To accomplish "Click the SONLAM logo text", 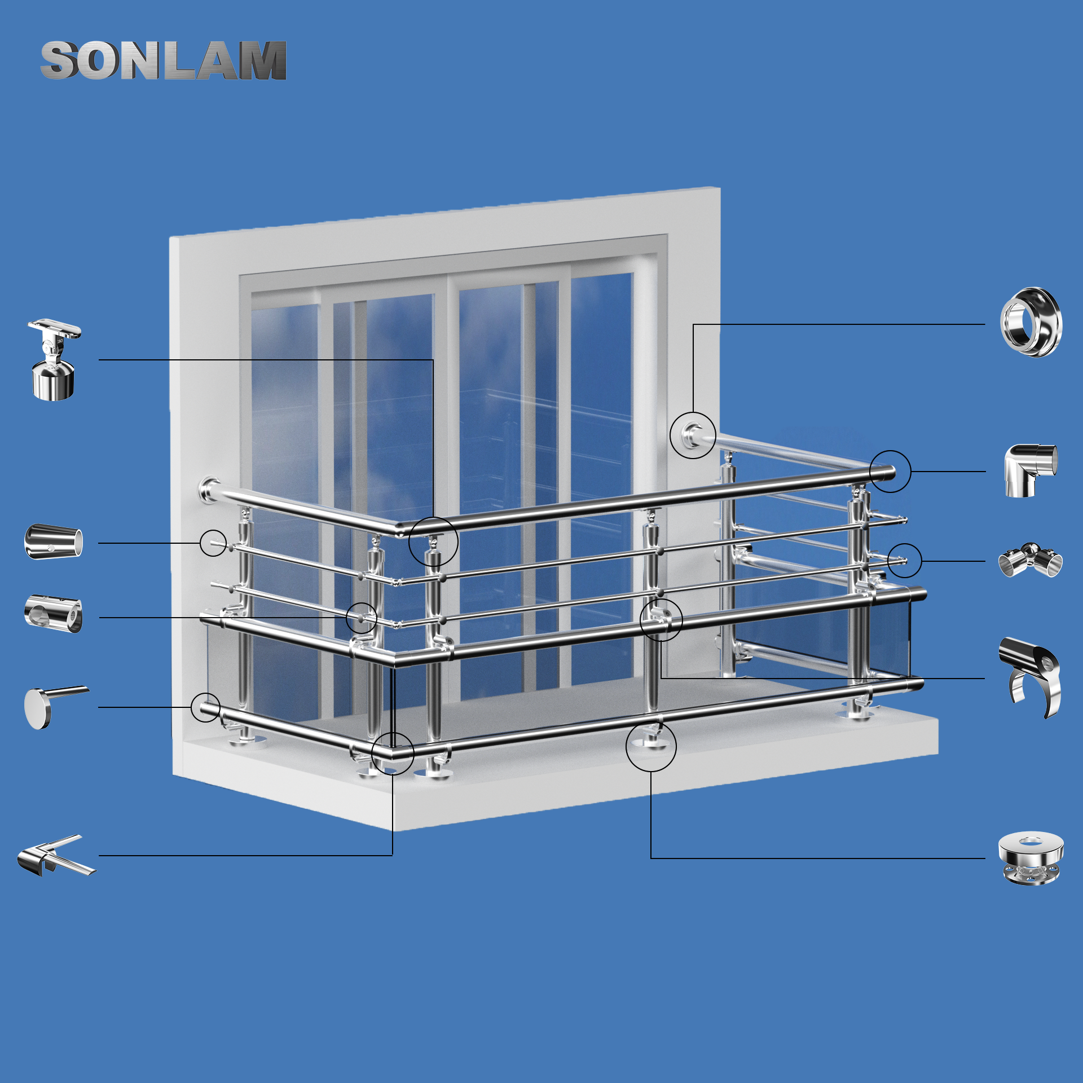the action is [164, 60].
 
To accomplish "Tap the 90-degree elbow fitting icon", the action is [1031, 470].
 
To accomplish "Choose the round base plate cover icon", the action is [1031, 858].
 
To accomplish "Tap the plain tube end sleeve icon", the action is [54, 542].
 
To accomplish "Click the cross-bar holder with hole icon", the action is [54, 614].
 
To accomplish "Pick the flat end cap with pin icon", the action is [56, 707].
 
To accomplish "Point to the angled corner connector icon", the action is [56, 856].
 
